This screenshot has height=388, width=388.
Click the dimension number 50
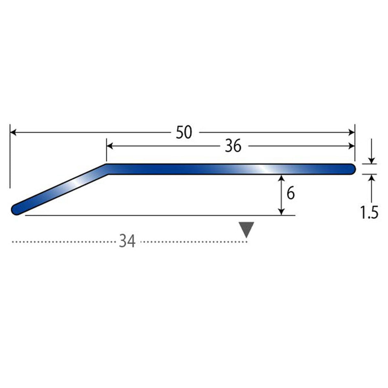coord(184,133)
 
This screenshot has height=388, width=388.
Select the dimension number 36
coord(233,146)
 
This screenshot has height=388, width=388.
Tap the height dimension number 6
coord(291,193)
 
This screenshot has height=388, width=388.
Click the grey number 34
coord(127,241)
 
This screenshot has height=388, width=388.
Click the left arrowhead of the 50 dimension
coord(13,133)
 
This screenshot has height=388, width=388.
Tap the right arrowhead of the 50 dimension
coord(351,133)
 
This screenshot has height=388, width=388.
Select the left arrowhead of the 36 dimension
coord(110,146)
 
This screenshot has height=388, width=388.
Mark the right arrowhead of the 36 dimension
coord(351,146)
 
